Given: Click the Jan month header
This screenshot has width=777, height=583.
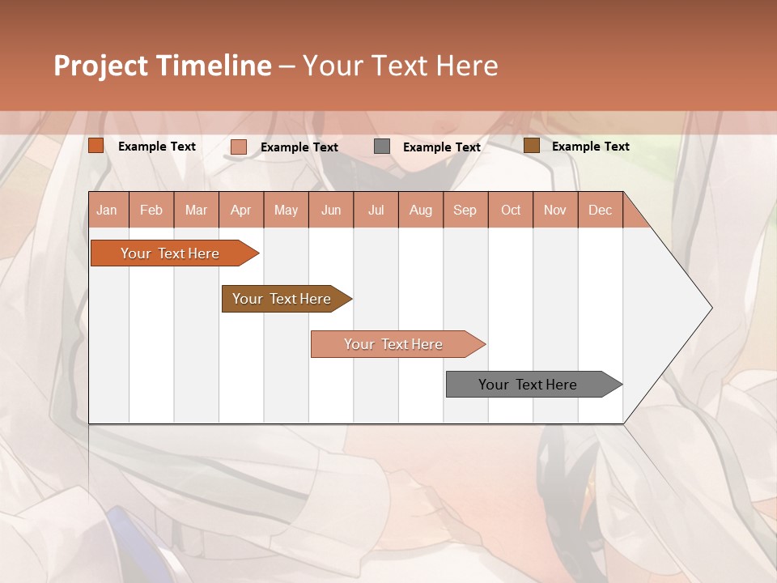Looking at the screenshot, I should point(108,210).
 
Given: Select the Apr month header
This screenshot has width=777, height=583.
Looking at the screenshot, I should point(241,210).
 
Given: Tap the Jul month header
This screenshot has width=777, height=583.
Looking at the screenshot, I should point(376,210).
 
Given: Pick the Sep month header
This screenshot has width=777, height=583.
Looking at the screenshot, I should point(465,210).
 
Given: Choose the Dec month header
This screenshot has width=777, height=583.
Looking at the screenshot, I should point(600,210).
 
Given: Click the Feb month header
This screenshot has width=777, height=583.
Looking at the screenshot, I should point(151,210).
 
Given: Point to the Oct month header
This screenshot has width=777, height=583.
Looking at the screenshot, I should point(511,210).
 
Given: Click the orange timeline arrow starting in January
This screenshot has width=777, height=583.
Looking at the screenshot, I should point(170,253).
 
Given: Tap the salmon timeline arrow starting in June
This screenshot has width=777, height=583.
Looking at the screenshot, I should point(394,344).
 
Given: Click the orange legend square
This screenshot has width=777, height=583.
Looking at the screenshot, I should point(96,146).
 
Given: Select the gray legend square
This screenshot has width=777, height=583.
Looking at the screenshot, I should point(382,147).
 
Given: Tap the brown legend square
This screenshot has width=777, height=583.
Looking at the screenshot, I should point(531,146).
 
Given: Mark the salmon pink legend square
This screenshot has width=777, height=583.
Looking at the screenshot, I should point(239,147).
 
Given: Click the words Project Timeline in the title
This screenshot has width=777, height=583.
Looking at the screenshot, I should point(162,66).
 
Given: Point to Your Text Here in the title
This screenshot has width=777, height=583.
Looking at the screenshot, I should point(401,66).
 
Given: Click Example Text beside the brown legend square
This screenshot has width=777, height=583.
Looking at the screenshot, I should point(590,147).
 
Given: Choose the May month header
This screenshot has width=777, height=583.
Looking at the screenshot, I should point(286,210).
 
